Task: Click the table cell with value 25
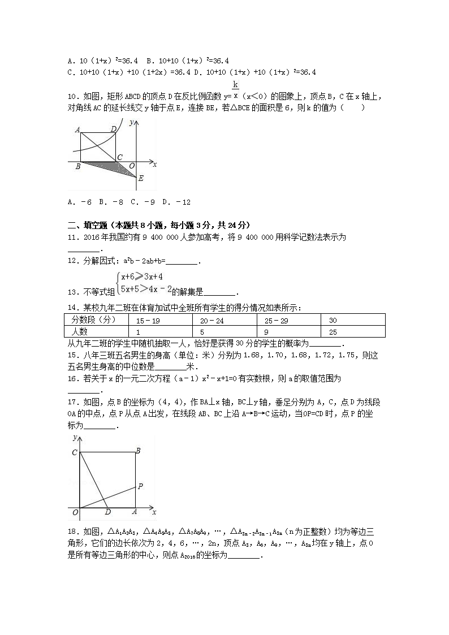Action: [333, 332]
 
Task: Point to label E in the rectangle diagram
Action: [141, 179]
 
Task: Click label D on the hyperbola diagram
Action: [114, 129]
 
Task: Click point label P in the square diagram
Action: [140, 486]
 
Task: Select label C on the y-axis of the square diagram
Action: [74, 452]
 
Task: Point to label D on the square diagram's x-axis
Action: [107, 512]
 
